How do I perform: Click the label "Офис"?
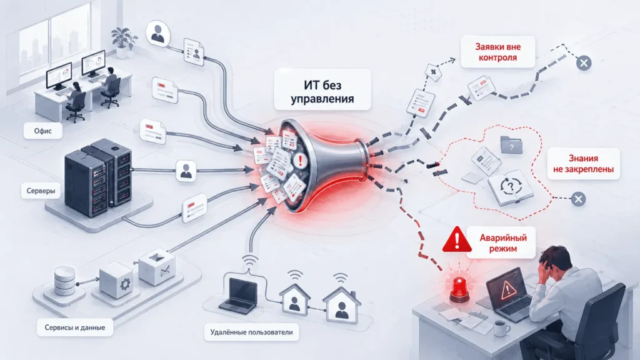click(43, 131)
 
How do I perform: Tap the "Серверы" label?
click(41, 191)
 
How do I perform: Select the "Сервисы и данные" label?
click(75, 327)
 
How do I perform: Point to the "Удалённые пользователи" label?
click(251, 332)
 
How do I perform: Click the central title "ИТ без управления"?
click(322, 92)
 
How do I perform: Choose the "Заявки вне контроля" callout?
click(498, 52)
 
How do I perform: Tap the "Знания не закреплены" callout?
click(583, 163)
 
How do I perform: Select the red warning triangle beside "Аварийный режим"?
click(457, 239)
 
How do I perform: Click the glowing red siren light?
click(459, 289)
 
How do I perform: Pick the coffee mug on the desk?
click(501, 327)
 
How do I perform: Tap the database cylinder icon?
click(65, 281)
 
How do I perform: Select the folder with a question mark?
click(511, 145)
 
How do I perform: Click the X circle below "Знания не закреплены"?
click(578, 199)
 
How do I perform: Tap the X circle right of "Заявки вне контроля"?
click(584, 63)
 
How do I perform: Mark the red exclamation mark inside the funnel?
click(301, 160)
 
